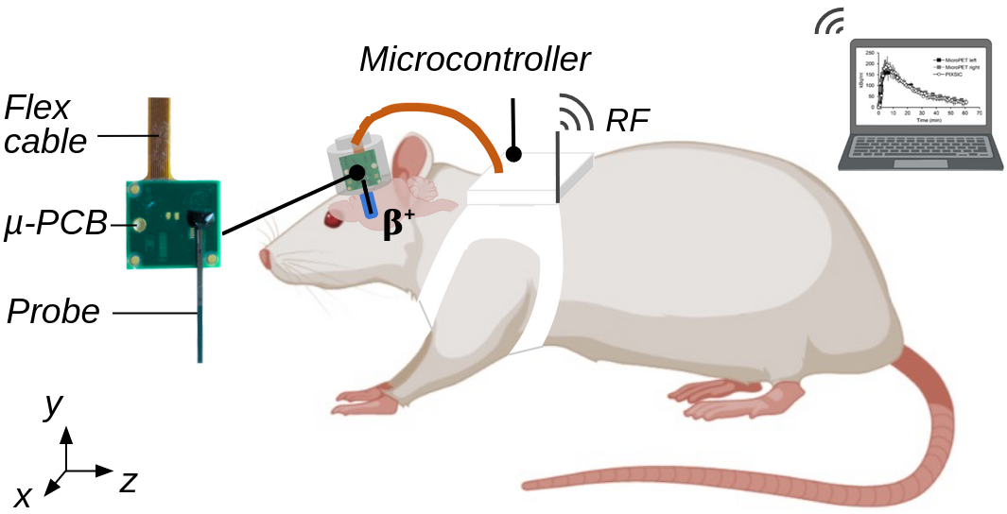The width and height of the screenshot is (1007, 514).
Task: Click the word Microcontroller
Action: pyautogui.click(x=475, y=60)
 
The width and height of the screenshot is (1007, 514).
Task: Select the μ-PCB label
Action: pyautogui.click(x=55, y=226)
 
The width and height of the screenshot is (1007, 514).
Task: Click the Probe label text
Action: pyautogui.click(x=53, y=311)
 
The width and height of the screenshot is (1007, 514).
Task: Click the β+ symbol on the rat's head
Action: pyautogui.click(x=398, y=226)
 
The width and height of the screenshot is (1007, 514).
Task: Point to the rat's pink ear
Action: pyautogui.click(x=413, y=157)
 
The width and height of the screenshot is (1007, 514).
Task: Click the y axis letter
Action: pyautogui.click(x=54, y=405)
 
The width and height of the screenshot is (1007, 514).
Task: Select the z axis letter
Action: pyautogui.click(x=129, y=482)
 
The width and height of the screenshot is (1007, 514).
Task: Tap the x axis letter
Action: pyautogui.click(x=23, y=496)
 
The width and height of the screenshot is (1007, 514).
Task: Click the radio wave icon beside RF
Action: pyautogui.click(x=570, y=112)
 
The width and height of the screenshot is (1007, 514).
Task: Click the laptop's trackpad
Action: pyautogui.click(x=920, y=163)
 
